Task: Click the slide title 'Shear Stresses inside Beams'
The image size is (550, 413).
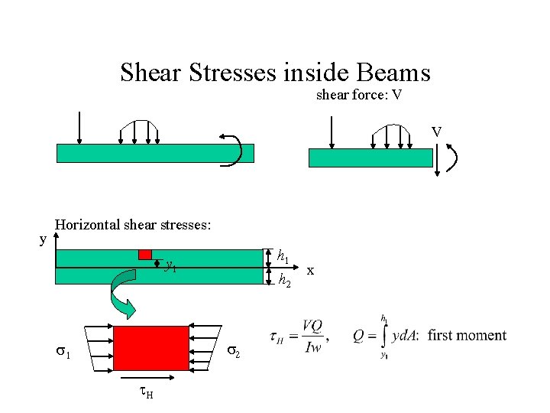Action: click(275, 73)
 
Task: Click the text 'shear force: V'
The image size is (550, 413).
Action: click(359, 96)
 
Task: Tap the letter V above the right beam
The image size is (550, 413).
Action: click(436, 132)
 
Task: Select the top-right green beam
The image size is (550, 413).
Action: click(370, 158)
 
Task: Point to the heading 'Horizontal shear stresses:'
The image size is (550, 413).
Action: click(133, 225)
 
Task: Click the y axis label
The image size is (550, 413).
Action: click(43, 239)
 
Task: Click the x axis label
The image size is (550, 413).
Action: click(310, 270)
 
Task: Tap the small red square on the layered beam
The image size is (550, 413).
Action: click(145, 254)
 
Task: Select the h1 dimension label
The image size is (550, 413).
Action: click(283, 255)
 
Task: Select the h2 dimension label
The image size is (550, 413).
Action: click(283, 281)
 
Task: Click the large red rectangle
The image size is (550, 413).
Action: click(151, 348)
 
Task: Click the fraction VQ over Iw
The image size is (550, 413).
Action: click(311, 335)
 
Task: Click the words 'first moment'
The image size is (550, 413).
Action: click(467, 335)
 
